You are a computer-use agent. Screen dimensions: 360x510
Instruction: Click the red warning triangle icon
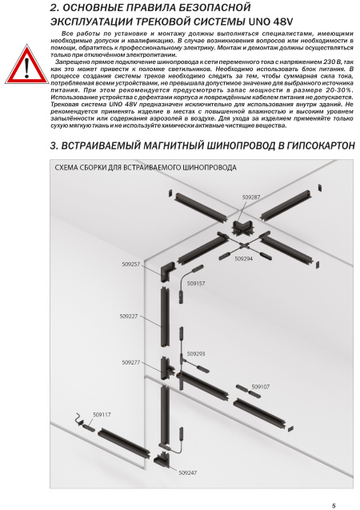pyautogui.click(x=26, y=65)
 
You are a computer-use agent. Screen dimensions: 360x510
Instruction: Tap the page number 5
pyautogui.click(x=334, y=506)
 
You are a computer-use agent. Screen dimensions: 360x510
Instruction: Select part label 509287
pyautogui.click(x=251, y=197)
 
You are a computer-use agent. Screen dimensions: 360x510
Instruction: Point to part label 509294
pyautogui.click(x=244, y=258)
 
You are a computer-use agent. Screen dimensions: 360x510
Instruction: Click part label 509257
pyautogui.click(x=131, y=264)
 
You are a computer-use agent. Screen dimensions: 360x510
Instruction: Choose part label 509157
pyautogui.click(x=196, y=283)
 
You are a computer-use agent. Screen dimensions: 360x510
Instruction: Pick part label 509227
pyautogui.click(x=129, y=316)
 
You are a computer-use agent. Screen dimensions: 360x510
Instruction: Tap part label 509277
pyautogui.click(x=131, y=362)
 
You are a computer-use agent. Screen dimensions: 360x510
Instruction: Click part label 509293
pyautogui.click(x=196, y=354)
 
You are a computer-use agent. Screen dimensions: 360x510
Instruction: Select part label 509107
pyautogui.click(x=261, y=387)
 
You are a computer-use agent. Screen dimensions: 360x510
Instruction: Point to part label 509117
pyautogui.click(x=102, y=415)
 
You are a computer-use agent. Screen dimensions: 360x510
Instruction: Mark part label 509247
pyautogui.click(x=188, y=472)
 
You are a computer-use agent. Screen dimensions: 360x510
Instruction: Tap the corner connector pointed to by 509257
pyautogui.click(x=167, y=272)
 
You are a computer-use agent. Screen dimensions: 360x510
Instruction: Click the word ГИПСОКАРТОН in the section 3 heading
pyautogui.click(x=321, y=145)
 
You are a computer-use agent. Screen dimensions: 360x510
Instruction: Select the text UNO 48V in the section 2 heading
pyautogui.click(x=271, y=22)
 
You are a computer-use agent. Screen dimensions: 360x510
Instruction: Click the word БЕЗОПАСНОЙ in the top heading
pyautogui.click(x=214, y=7)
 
